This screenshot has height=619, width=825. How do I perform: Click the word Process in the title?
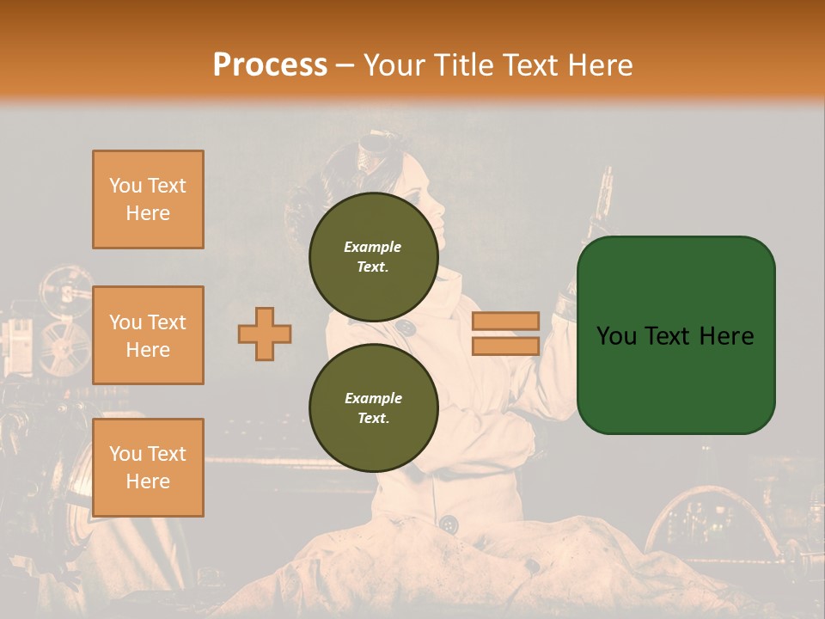(x=270, y=64)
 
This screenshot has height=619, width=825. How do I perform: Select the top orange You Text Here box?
(x=148, y=199)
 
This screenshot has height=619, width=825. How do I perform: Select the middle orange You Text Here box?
(x=148, y=335)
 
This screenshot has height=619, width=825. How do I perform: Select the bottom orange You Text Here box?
(x=148, y=467)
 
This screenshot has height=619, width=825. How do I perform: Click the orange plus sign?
(x=265, y=334)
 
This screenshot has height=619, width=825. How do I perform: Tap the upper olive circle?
(x=373, y=256)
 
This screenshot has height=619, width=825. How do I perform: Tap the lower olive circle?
(x=373, y=408)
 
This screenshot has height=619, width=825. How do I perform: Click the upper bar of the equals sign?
(x=505, y=321)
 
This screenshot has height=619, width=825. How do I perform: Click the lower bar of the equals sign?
(x=505, y=346)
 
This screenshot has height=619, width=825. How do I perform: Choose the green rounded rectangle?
(x=675, y=334)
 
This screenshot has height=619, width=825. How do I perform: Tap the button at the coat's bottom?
(x=447, y=523)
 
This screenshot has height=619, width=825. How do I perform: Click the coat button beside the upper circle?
(x=406, y=327)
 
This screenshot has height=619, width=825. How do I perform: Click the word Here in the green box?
(x=725, y=335)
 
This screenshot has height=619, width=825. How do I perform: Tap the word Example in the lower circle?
(x=373, y=398)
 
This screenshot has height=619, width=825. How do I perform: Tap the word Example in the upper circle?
(x=373, y=247)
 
